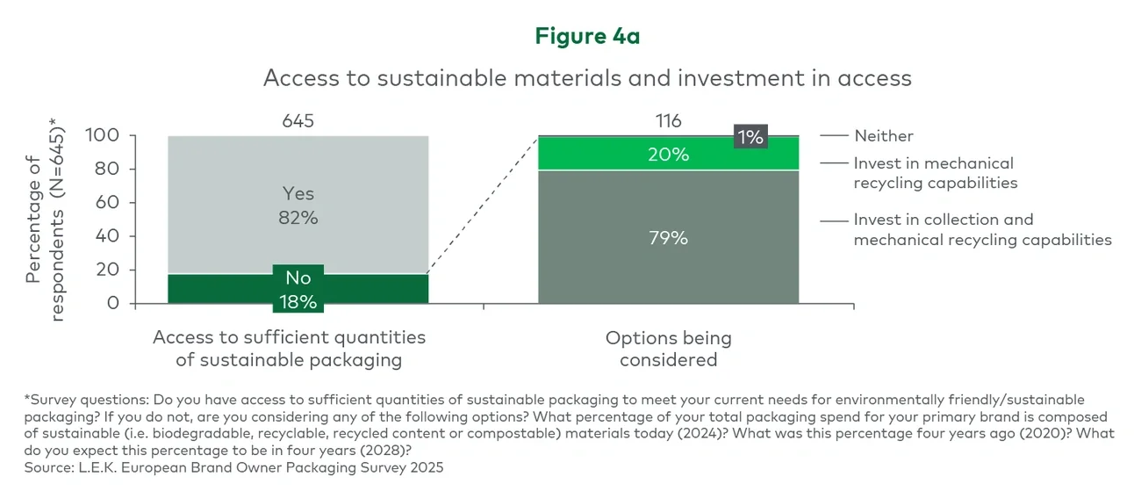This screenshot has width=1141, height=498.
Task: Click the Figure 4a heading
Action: point(587,36)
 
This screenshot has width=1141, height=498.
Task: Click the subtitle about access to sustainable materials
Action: point(587,78)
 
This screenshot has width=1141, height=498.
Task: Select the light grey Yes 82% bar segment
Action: point(298,167)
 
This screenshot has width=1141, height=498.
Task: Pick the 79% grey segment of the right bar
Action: point(668,237)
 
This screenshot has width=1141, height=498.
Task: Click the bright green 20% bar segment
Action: point(668,155)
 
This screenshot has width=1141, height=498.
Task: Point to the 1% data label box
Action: point(751,136)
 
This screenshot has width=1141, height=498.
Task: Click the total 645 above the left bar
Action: point(298,121)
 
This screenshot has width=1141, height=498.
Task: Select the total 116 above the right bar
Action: point(668,121)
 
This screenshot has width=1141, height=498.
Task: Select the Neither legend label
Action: point(883,136)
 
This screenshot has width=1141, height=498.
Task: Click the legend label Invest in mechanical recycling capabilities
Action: point(935,173)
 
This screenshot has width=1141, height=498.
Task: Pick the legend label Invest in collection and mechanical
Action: point(981,229)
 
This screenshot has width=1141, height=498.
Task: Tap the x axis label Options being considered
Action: point(668,349)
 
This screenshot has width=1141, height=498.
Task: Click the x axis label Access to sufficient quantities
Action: point(289,349)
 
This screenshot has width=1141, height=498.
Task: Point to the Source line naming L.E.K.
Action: point(233,468)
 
